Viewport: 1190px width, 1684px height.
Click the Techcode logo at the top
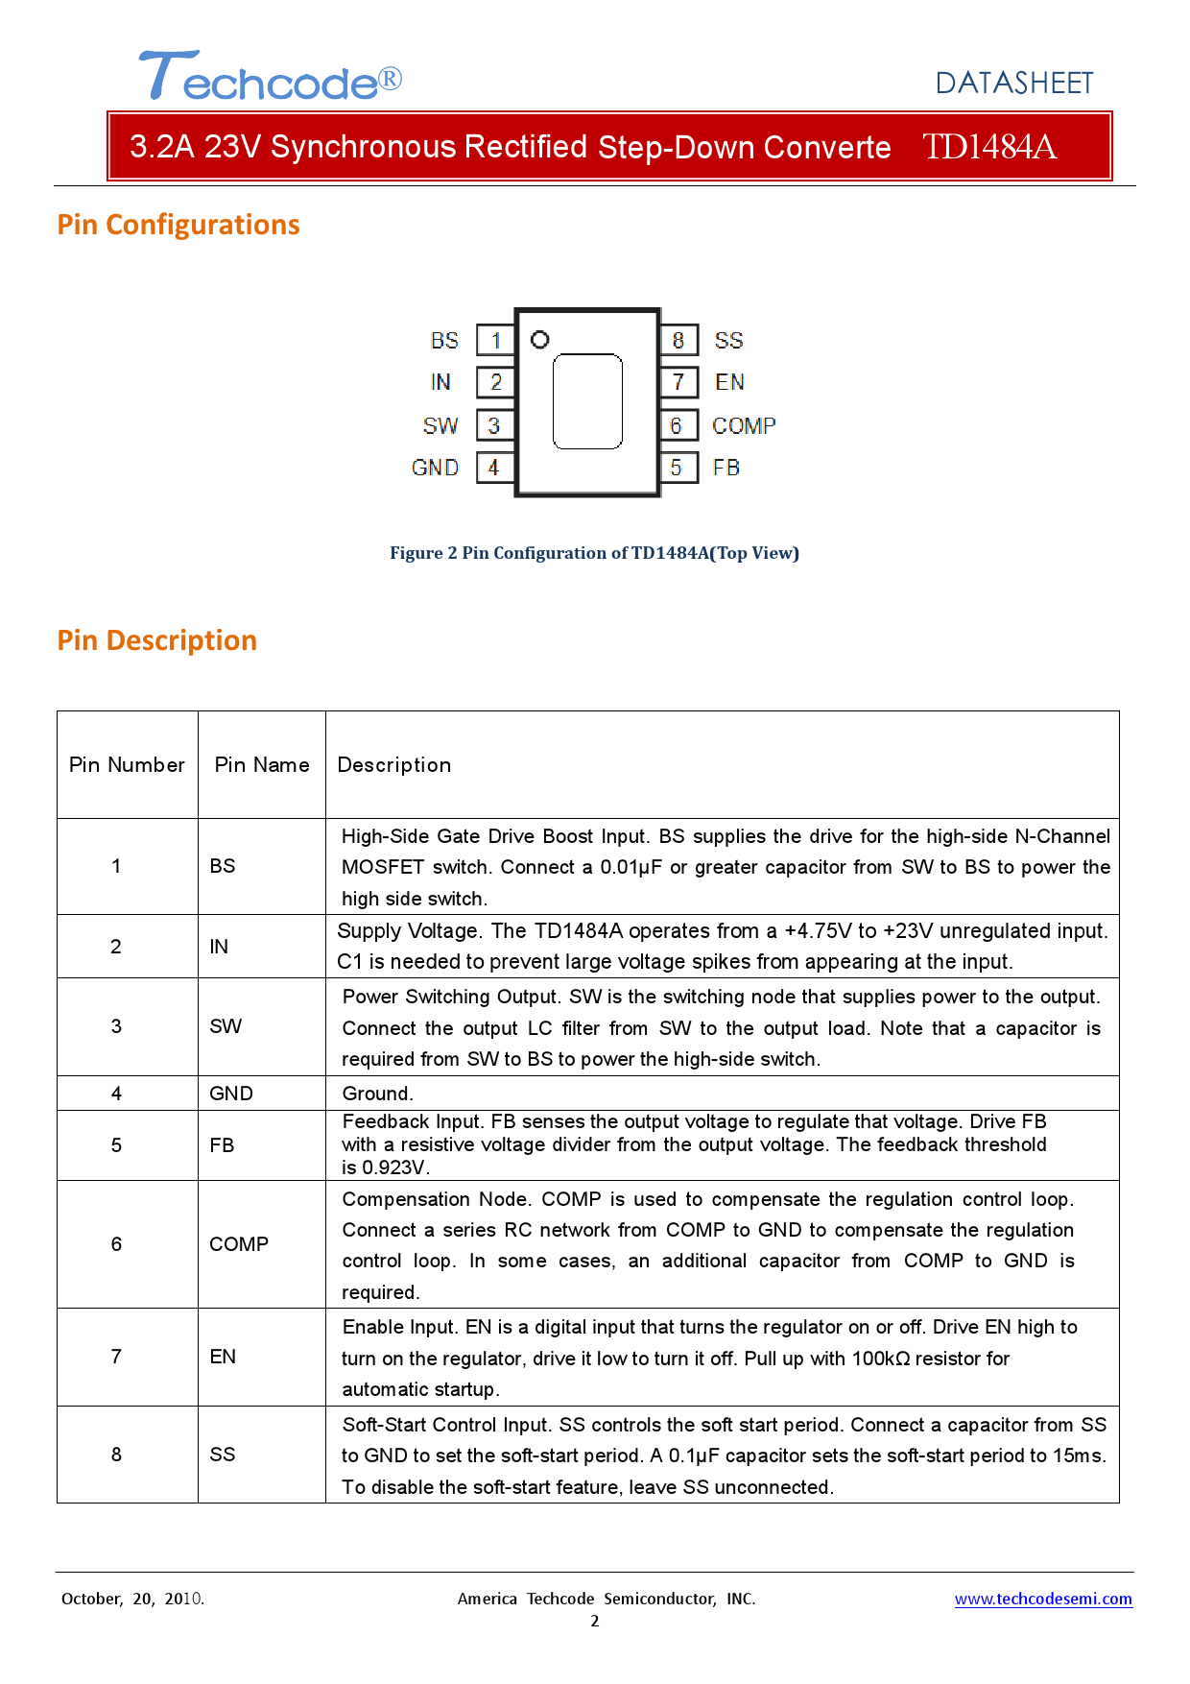(x=270, y=77)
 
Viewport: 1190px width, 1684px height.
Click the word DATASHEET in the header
(x=1013, y=84)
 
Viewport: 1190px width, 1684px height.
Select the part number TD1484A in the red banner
(x=988, y=147)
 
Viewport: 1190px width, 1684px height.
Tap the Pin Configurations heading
(x=178, y=225)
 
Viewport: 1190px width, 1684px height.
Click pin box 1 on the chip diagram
(x=495, y=341)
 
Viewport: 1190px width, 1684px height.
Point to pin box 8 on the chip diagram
(x=678, y=341)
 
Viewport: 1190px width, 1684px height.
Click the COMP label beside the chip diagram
(x=744, y=425)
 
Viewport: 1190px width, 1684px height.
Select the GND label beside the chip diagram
(x=435, y=468)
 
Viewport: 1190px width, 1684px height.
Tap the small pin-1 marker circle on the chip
(x=539, y=340)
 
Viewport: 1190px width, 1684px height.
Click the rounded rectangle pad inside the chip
(x=587, y=401)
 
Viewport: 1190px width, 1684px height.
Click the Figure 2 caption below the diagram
(x=594, y=553)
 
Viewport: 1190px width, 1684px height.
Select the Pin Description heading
(x=157, y=640)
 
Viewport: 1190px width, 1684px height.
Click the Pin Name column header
(x=262, y=765)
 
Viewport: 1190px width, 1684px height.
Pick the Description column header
(x=393, y=765)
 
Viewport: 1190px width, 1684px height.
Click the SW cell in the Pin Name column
(x=226, y=1026)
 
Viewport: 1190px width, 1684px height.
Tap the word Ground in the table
(x=377, y=1094)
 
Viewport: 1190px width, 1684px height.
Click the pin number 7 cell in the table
(x=116, y=1357)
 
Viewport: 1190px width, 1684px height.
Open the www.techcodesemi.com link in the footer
(x=1043, y=1599)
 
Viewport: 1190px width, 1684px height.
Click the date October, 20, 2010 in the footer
(x=132, y=1599)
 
